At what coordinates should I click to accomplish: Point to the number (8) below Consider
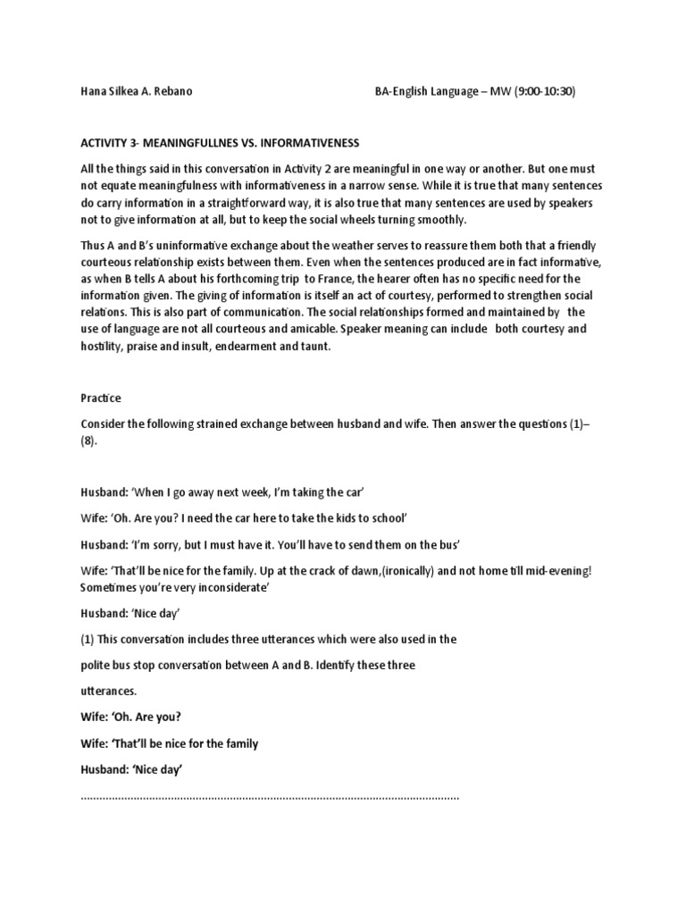coord(89,441)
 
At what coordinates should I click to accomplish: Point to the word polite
coord(97,666)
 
